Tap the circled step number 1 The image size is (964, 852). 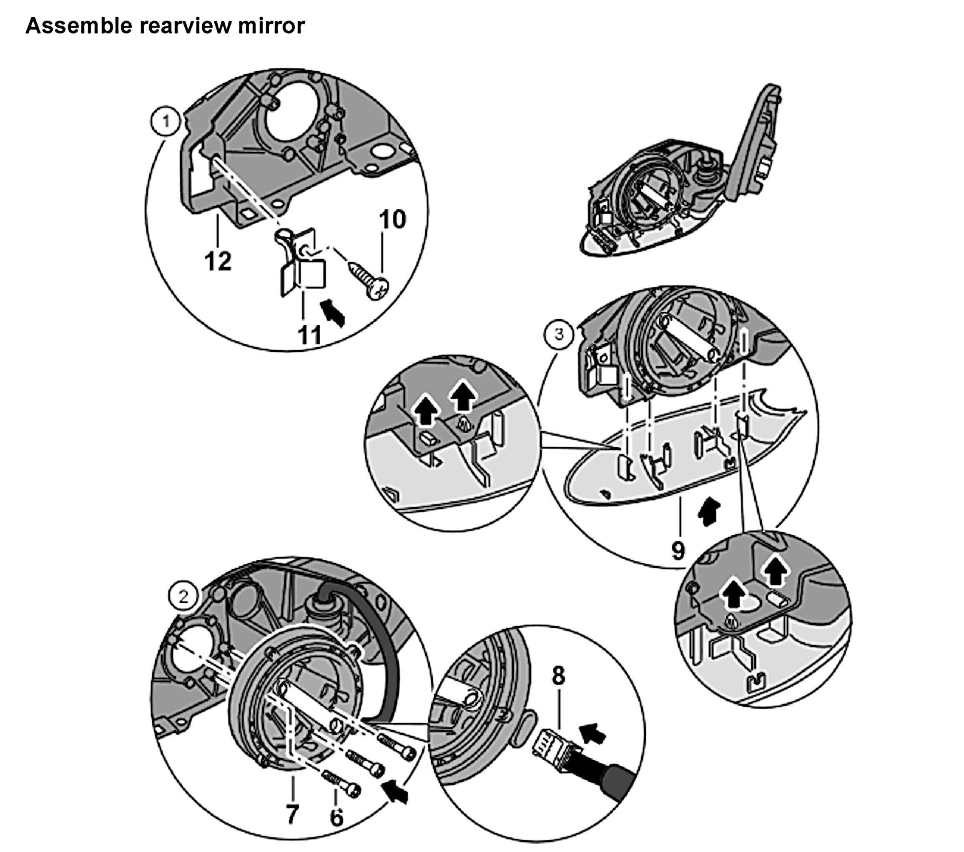click(x=166, y=122)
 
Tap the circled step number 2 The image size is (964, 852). click(x=183, y=596)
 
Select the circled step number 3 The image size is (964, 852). click(x=559, y=334)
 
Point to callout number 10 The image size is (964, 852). click(x=392, y=220)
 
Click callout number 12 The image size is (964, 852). click(x=218, y=261)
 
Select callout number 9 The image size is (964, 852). click(x=678, y=550)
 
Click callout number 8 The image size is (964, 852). click(x=558, y=676)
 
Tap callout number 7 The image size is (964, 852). click(x=292, y=814)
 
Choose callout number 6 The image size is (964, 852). click(x=336, y=817)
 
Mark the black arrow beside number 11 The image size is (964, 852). click(x=334, y=312)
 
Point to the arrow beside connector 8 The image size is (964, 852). click(x=593, y=734)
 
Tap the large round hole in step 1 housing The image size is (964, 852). click(x=293, y=119)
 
